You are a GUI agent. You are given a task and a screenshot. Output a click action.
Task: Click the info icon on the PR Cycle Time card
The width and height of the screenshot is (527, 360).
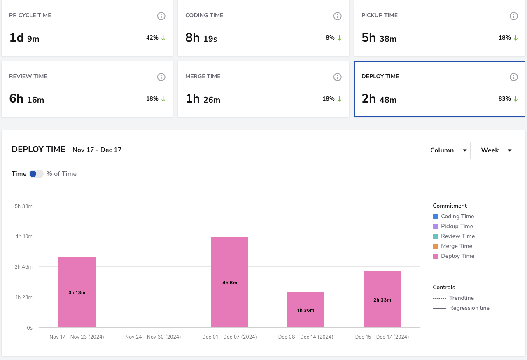tap(161, 16)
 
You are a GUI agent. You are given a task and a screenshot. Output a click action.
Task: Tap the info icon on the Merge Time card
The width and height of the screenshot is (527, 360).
tap(337, 77)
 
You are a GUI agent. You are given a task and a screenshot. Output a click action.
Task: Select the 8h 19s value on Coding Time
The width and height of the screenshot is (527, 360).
tap(201, 37)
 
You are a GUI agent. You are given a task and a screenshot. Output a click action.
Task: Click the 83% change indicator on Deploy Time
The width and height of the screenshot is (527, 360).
tap(508, 98)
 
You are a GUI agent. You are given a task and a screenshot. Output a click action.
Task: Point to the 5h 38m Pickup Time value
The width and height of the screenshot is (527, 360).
tap(379, 37)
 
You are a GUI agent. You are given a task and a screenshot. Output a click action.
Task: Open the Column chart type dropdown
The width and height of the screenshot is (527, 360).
tap(448, 150)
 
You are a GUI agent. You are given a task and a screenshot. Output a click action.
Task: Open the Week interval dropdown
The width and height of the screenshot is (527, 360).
tap(495, 150)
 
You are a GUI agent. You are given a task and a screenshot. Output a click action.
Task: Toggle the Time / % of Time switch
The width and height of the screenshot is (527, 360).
tap(36, 174)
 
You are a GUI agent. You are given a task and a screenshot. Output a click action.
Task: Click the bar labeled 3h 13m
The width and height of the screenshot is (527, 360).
tap(77, 292)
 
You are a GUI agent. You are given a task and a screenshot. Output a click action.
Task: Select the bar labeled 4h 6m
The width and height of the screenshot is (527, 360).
tap(230, 282)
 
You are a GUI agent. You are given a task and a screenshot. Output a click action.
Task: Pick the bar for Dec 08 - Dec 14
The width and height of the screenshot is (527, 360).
tap(306, 310)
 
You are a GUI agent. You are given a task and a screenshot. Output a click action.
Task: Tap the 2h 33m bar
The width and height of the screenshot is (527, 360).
tap(382, 299)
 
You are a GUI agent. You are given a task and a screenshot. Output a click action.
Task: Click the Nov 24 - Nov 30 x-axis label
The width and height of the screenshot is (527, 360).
tap(153, 337)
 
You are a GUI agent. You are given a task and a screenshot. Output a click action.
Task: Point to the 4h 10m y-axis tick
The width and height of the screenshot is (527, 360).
tap(24, 236)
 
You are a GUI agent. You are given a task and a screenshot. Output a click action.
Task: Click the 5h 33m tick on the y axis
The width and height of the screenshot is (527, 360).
tap(23, 206)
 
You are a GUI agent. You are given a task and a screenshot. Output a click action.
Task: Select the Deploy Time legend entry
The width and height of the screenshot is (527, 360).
tap(453, 256)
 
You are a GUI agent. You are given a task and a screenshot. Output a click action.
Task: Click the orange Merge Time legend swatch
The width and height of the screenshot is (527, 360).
tap(435, 246)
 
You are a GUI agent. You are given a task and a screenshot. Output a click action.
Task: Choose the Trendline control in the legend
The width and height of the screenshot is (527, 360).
tap(453, 298)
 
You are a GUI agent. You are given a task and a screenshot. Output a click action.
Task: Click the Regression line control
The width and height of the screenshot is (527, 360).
tap(461, 308)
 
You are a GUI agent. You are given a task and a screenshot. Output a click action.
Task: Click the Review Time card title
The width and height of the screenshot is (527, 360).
tap(28, 76)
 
